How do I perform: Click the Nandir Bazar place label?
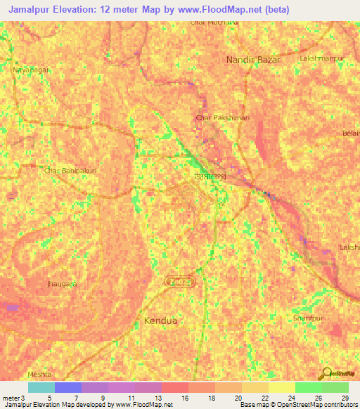253,60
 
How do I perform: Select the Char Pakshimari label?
222,117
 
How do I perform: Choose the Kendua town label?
160,321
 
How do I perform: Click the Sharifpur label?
308,318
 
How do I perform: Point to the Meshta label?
39,375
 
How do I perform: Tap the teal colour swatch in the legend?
41,387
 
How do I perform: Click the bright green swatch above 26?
308,387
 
